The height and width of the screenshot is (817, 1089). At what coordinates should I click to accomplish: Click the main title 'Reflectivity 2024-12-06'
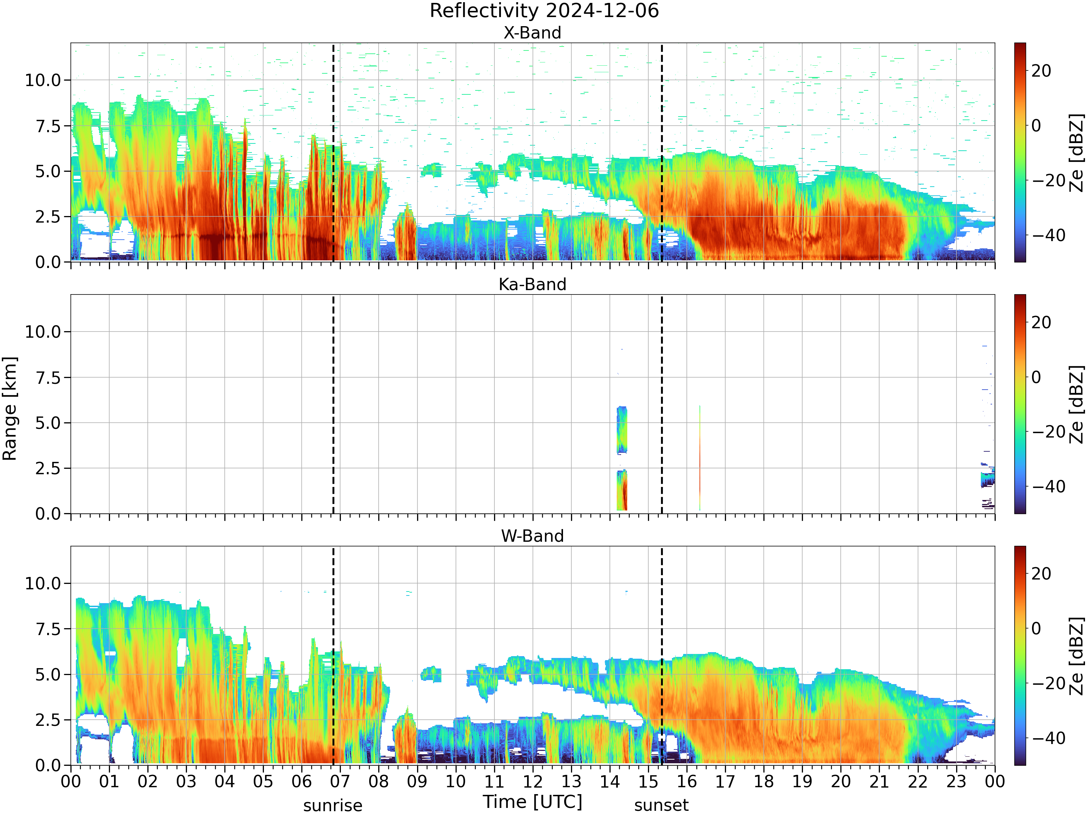pyautogui.click(x=544, y=11)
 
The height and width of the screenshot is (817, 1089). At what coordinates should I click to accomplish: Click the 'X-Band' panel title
pyautogui.click(x=532, y=33)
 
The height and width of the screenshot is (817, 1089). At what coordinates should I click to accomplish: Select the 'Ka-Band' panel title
pyautogui.click(x=532, y=285)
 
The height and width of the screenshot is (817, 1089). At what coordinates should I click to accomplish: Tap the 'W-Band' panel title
pyautogui.click(x=532, y=536)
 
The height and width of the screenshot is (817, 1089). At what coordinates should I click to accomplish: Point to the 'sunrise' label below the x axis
pyautogui.click(x=333, y=806)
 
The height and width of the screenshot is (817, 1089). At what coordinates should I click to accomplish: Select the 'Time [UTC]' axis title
pyautogui.click(x=532, y=802)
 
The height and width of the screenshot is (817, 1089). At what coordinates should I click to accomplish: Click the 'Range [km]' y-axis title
pyautogui.click(x=10, y=409)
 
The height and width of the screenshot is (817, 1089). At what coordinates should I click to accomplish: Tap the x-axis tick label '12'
pyautogui.click(x=533, y=781)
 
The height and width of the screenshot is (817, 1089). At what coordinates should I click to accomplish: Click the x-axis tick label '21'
pyautogui.click(x=879, y=781)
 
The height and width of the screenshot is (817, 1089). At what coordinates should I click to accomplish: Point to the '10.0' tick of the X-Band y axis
pyautogui.click(x=43, y=80)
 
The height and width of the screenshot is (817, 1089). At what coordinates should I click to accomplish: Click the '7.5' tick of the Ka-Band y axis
pyautogui.click(x=48, y=378)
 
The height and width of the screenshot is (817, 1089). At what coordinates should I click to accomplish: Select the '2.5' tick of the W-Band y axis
pyautogui.click(x=48, y=720)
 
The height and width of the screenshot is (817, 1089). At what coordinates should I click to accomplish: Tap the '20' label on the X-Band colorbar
pyautogui.click(x=1041, y=71)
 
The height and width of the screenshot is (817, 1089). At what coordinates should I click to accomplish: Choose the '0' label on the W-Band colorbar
pyautogui.click(x=1036, y=629)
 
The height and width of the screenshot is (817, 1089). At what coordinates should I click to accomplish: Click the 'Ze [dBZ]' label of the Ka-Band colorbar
pyautogui.click(x=1077, y=404)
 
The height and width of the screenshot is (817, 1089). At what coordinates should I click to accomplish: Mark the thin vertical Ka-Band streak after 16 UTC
pyautogui.click(x=700, y=458)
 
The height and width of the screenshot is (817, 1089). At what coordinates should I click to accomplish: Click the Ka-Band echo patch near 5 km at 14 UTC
pyautogui.click(x=622, y=430)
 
